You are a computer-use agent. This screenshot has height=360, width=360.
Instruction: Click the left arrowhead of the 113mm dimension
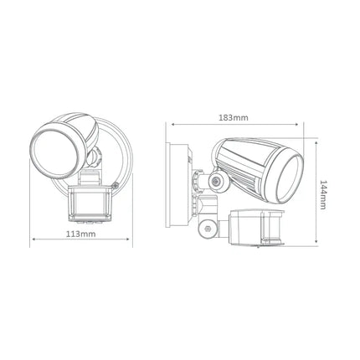tap(33, 240)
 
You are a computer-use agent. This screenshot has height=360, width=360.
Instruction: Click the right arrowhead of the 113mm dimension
tap(131, 240)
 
